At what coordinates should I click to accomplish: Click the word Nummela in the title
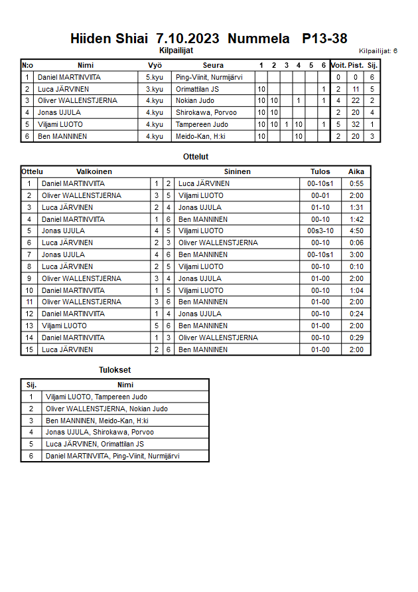[x=258, y=39]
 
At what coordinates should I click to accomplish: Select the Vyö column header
[x=155, y=65]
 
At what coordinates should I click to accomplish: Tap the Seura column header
[x=213, y=65]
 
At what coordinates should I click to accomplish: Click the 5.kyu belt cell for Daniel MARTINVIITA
[x=155, y=77]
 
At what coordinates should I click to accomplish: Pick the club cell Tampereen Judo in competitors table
[x=202, y=124]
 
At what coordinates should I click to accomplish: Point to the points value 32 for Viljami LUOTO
[x=356, y=124]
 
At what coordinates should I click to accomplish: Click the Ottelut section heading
[x=196, y=157]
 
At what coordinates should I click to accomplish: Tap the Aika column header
[x=356, y=171]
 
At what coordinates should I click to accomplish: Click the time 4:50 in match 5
[x=356, y=231]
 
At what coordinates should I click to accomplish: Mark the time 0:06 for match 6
[x=356, y=243]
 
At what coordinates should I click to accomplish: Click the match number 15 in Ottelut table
[x=29, y=349]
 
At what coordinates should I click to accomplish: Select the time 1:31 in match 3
[x=356, y=207]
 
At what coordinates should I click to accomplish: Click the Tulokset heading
[x=114, y=370]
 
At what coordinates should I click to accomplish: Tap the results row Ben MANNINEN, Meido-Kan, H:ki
[x=97, y=421]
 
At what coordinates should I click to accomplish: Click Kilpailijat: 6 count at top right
[x=378, y=50]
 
